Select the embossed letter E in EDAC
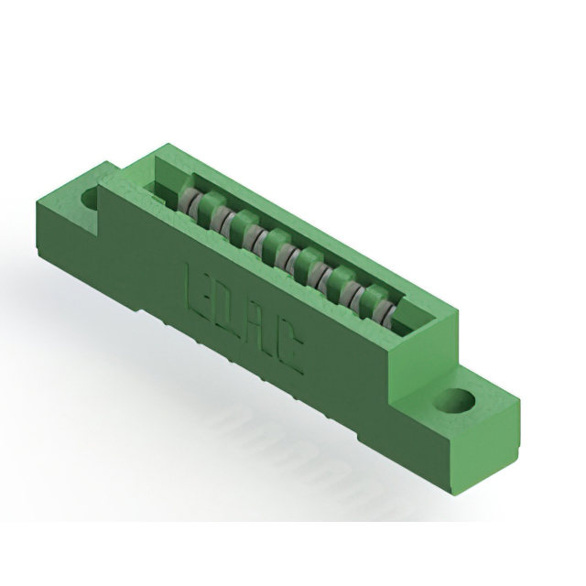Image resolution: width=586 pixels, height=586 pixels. [x=200, y=288]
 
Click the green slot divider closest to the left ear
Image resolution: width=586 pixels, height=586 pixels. [x=205, y=205]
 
